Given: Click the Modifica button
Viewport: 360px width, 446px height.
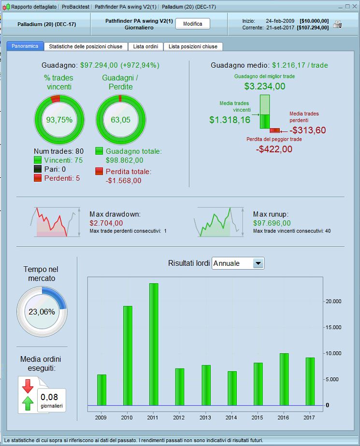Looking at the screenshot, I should [192, 24].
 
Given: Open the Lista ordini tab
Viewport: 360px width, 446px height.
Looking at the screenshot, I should [145, 46].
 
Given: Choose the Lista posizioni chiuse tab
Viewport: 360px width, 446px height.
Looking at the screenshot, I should [193, 46].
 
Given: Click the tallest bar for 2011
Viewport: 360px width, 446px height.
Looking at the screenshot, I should [154, 344].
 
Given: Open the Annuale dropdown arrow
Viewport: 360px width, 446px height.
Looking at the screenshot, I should [258, 263].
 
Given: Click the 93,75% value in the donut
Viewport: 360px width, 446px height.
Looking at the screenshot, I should [59, 120].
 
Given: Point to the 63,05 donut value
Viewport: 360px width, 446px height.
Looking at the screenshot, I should [120, 120].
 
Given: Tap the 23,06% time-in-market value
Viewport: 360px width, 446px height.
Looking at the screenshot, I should [42, 312].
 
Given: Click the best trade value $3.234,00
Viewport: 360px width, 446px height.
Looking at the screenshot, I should [264, 86].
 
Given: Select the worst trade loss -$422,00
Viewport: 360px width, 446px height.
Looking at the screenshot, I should [274, 149].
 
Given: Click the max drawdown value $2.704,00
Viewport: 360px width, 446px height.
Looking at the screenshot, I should [106, 223].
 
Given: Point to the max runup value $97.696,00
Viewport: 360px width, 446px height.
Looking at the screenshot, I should [272, 223].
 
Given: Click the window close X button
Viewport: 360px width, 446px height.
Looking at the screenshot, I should [354, 7].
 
